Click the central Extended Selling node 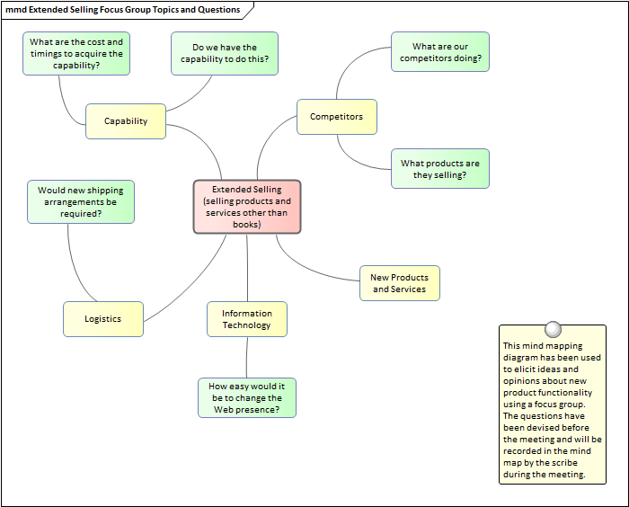[x=247, y=207]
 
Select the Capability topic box [x=126, y=121]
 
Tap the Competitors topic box [x=336, y=117]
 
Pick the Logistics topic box [x=102, y=319]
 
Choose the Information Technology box [x=247, y=319]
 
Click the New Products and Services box [x=399, y=283]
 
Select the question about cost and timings [x=76, y=54]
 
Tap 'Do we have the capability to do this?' [x=225, y=54]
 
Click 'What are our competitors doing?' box [x=440, y=52]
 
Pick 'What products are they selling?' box [x=440, y=169]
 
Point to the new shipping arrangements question [x=81, y=202]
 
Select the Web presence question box [x=247, y=397]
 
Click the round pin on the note [x=553, y=329]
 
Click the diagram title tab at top [x=126, y=10]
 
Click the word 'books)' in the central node [x=247, y=224]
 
